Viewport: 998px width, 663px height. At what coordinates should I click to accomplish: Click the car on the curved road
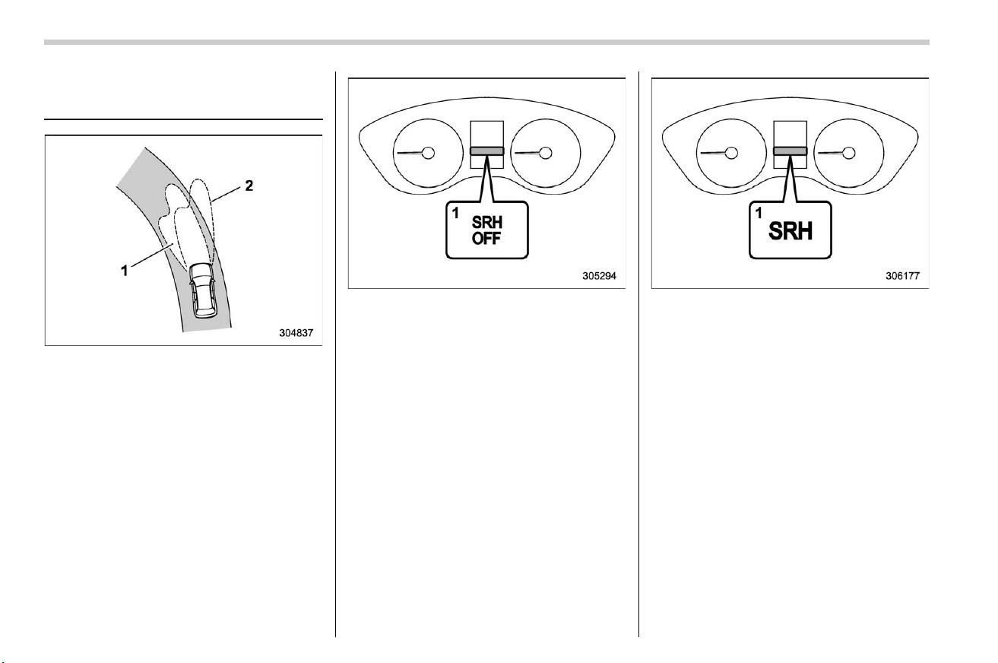(203, 290)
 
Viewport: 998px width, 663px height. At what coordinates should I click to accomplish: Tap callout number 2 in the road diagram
(249, 186)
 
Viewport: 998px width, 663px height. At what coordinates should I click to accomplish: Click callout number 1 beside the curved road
(125, 270)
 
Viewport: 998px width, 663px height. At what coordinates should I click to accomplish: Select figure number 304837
(296, 333)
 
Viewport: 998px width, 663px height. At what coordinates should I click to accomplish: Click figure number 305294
(599, 276)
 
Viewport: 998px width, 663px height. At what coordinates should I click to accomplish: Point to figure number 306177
(903, 276)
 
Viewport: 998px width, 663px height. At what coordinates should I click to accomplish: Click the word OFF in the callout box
(486, 239)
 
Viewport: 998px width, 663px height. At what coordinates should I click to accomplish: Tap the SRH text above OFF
(487, 222)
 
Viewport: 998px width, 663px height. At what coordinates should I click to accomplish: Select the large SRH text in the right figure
(790, 231)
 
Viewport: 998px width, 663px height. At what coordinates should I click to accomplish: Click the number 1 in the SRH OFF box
(455, 213)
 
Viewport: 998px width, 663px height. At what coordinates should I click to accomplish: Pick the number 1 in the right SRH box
(759, 213)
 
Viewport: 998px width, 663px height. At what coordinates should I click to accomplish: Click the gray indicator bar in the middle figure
(487, 151)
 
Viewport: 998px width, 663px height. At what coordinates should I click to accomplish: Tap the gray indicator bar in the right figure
(790, 151)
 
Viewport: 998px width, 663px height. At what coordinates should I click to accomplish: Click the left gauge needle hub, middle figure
(428, 153)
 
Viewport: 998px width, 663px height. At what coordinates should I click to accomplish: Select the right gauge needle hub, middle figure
(546, 153)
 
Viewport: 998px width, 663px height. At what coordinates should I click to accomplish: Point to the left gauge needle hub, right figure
(731, 153)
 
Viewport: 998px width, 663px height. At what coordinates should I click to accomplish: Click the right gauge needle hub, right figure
(849, 153)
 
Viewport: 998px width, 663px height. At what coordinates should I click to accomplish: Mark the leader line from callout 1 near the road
(152, 255)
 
